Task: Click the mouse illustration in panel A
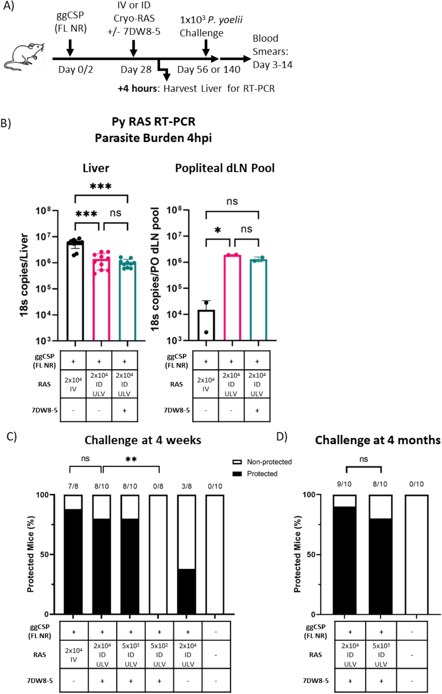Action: point(23,56)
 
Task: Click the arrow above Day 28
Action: point(133,47)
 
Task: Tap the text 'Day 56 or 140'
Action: point(209,69)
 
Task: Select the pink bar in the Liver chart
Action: point(101,300)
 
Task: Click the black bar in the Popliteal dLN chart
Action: point(206,325)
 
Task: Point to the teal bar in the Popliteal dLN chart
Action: point(258,300)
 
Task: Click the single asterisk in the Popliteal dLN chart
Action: point(218,230)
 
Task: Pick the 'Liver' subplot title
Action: point(96,168)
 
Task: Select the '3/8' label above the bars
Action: point(186,486)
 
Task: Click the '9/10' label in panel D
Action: point(344,484)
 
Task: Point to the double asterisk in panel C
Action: point(131,459)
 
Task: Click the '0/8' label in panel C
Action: point(158,486)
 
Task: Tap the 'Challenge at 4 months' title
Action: point(377,440)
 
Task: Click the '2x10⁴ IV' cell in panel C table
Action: point(74,655)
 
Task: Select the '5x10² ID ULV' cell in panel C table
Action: point(159,655)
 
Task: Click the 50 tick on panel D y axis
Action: point(311,555)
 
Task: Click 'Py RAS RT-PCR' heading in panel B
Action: point(153,121)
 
